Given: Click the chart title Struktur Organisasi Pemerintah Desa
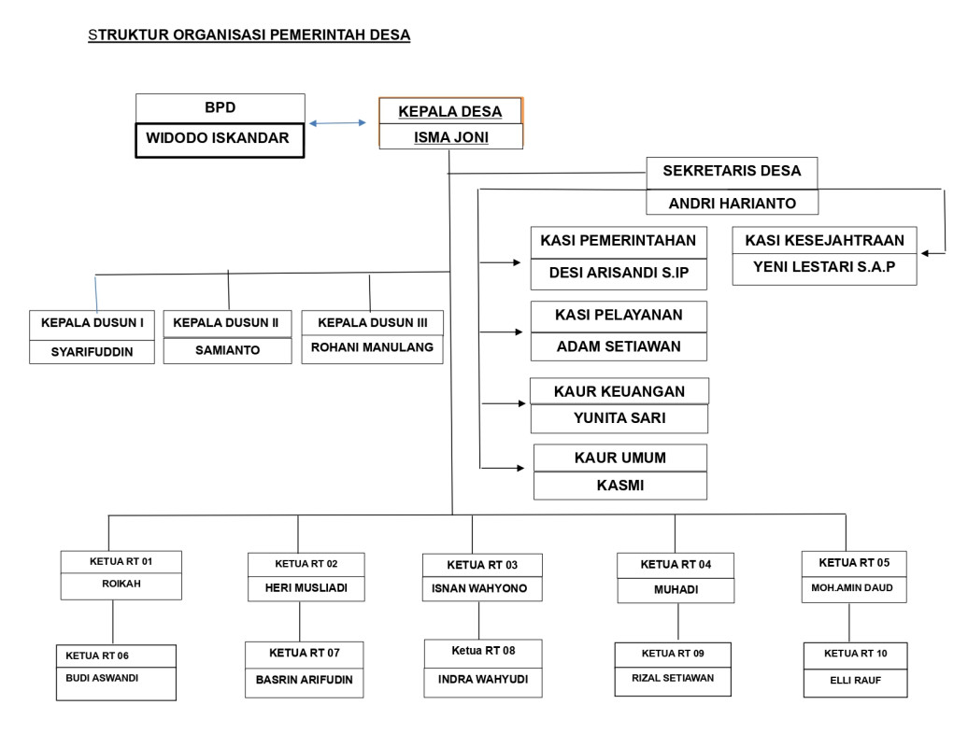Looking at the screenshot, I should point(249,35).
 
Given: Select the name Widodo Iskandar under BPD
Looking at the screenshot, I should point(219,139).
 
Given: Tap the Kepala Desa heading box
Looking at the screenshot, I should point(449,111).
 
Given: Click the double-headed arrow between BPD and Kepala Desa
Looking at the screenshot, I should point(337,122).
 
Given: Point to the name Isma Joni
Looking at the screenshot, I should point(450,138).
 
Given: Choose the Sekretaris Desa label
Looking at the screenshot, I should point(732,172).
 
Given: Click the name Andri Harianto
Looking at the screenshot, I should point(732,203).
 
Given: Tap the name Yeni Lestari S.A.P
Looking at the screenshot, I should point(824,267).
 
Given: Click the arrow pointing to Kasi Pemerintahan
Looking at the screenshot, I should point(501,262).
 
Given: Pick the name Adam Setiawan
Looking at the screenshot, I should point(619,346).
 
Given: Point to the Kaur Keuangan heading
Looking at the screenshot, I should point(619,391).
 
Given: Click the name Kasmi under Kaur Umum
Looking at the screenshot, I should point(620,486).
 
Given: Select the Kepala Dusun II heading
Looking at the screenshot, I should point(226,323).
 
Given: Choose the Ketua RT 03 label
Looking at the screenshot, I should point(481,565).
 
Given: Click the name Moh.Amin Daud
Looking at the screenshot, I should point(853,588).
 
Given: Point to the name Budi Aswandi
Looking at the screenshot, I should point(102,678).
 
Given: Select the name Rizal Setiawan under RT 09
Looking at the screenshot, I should point(672,679).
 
